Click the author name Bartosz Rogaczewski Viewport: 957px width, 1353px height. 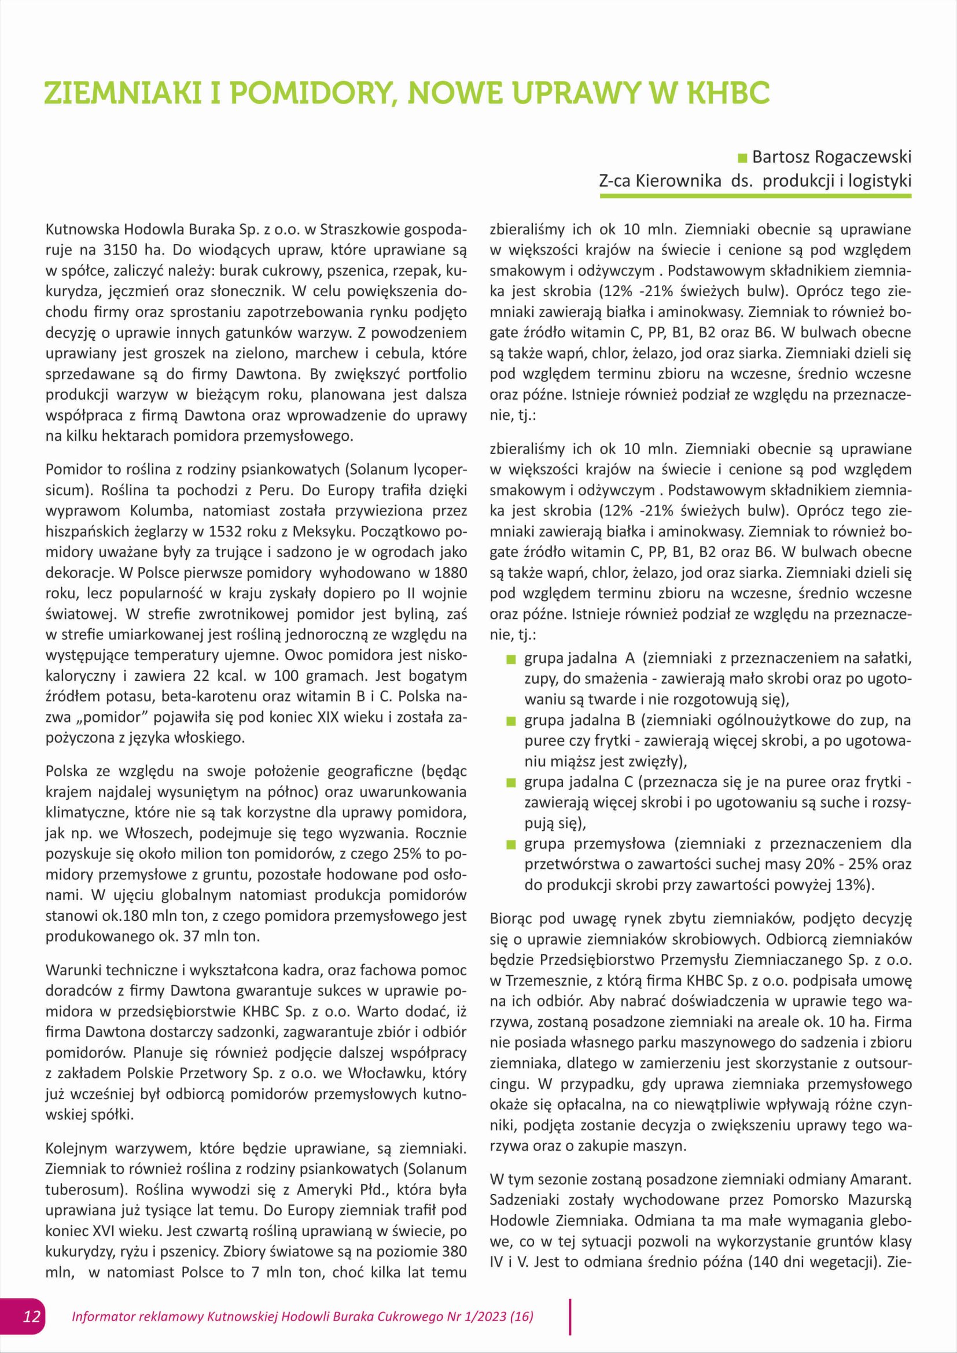click(831, 157)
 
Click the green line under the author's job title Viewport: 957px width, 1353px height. click(755, 195)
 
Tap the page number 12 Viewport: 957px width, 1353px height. click(31, 1316)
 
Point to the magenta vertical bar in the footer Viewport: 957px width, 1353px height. click(570, 1317)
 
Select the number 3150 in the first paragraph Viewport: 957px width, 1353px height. click(121, 250)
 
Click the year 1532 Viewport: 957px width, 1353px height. click(245, 532)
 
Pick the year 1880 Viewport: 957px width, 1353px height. click(450, 573)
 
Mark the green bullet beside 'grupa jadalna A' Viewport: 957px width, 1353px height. click(511, 659)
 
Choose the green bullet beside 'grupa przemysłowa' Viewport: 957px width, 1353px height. click(511, 845)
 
